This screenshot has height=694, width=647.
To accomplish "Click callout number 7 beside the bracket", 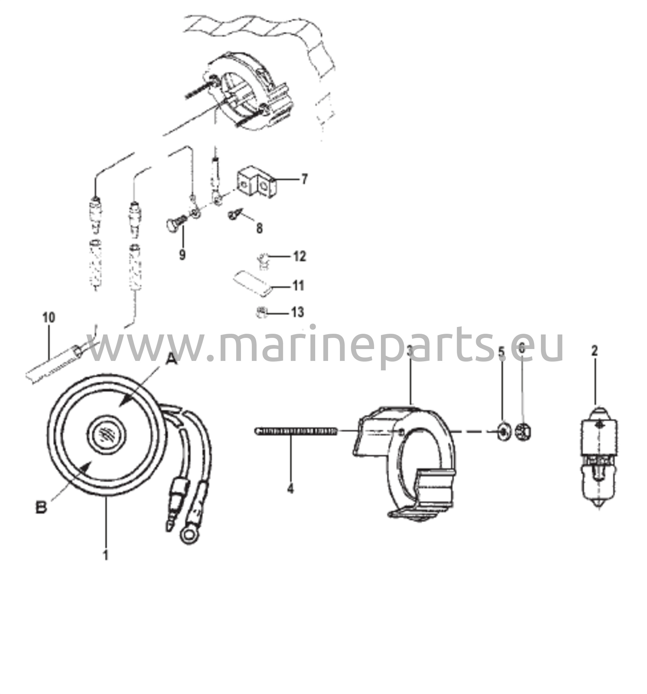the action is click(304, 180).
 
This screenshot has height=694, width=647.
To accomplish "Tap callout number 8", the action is click(259, 229).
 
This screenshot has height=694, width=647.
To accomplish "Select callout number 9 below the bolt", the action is click(182, 255).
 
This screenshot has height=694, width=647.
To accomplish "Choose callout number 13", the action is click(298, 312).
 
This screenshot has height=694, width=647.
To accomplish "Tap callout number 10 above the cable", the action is click(49, 318).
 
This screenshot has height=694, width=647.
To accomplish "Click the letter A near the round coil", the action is click(171, 358).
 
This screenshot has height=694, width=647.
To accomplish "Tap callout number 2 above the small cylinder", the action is click(594, 351).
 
